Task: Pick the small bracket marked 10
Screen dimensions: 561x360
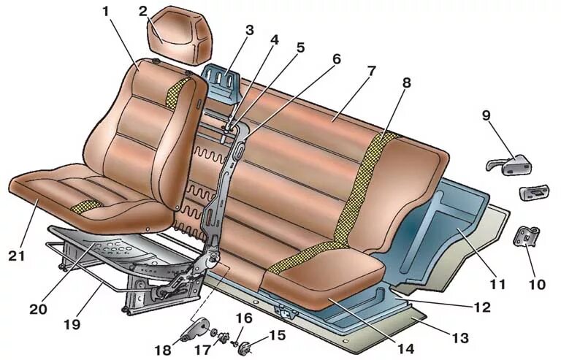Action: pyautogui.click(x=528, y=238)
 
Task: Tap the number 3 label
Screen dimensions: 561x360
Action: pyautogui.click(x=248, y=31)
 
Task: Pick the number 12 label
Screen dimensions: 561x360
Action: pyautogui.click(x=482, y=308)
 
